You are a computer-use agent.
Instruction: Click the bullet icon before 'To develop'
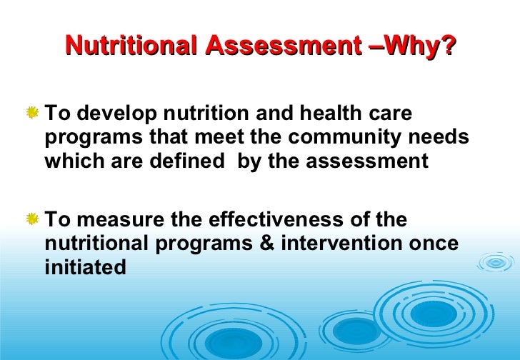(x=33, y=113)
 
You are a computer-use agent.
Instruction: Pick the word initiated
(x=85, y=267)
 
